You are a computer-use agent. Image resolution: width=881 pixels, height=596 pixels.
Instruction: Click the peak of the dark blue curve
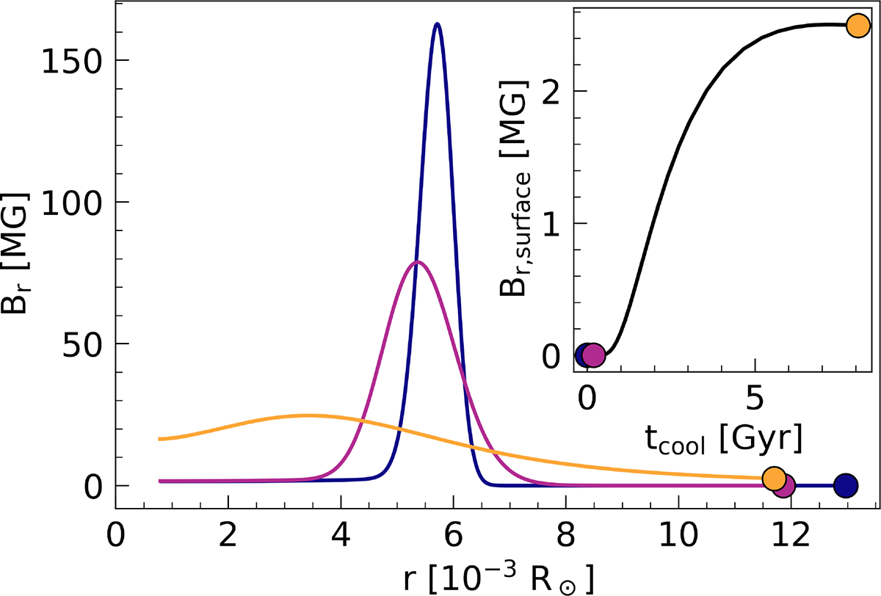pyautogui.click(x=438, y=24)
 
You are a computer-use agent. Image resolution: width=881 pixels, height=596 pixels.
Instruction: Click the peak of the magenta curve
pyautogui.click(x=417, y=262)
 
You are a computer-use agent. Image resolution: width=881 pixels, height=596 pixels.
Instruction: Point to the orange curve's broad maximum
pyautogui.click(x=307, y=415)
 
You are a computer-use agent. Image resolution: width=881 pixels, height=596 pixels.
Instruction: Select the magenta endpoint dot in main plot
pyautogui.click(x=783, y=485)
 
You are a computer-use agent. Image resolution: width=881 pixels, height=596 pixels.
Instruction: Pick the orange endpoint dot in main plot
pyautogui.click(x=774, y=478)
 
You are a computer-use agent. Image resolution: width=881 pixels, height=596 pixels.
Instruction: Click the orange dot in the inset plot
pyautogui.click(x=858, y=26)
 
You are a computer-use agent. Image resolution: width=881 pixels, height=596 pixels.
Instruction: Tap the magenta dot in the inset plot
pyautogui.click(x=594, y=355)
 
